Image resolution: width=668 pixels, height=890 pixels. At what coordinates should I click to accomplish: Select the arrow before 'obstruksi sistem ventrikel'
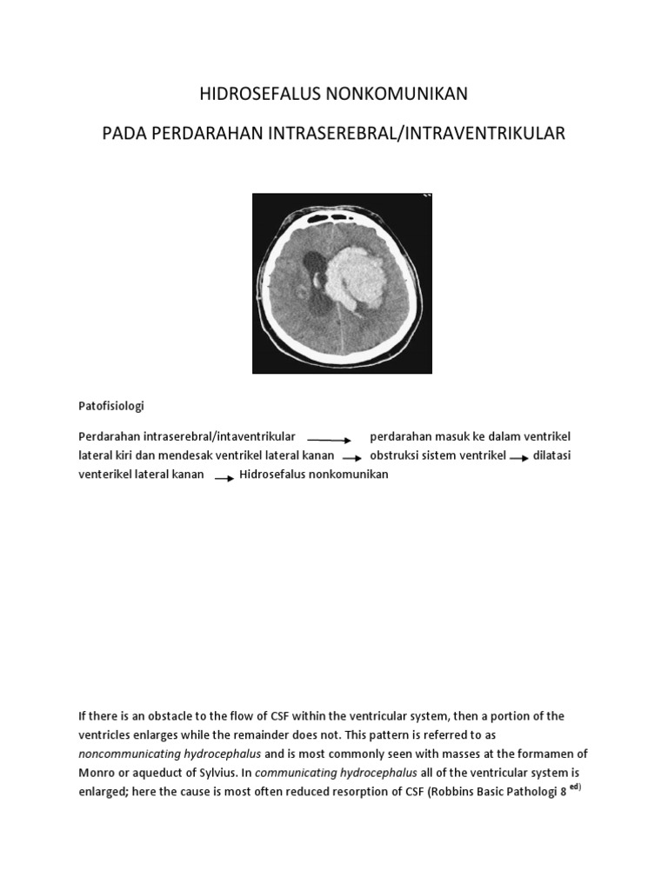[x=351, y=458]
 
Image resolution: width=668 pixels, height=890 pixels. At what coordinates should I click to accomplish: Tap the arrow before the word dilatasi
[x=518, y=458]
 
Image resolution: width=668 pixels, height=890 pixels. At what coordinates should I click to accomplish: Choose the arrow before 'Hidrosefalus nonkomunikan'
[x=224, y=477]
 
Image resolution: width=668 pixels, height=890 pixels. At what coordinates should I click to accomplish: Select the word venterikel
[x=107, y=475]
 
